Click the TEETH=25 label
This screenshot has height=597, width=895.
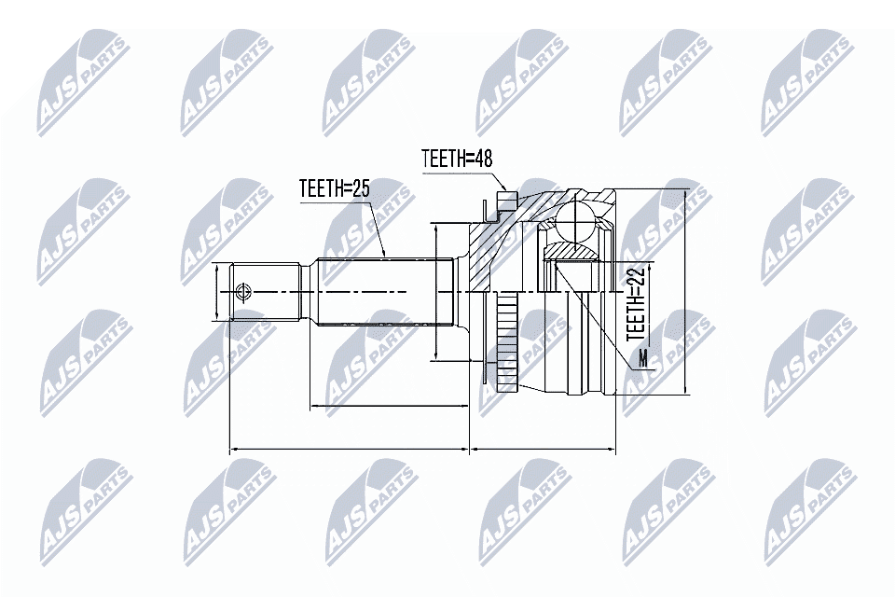(x=335, y=188)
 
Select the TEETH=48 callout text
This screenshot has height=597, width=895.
(x=457, y=159)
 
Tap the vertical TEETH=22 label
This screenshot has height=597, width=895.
(x=637, y=302)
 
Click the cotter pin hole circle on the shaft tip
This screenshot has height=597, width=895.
(x=244, y=292)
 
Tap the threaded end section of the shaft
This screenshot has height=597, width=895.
(x=266, y=292)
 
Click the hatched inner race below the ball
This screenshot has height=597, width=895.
(x=571, y=251)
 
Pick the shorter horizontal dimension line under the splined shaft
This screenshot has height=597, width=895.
(x=388, y=407)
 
